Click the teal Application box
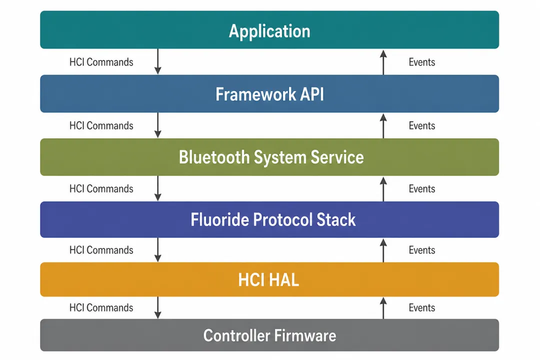[x=269, y=29]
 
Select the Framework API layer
[x=269, y=93]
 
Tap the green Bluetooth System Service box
[x=269, y=157]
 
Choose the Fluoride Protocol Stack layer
[x=269, y=219]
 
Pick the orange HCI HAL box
[x=269, y=279]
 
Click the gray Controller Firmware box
[x=269, y=335]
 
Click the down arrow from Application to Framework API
[x=157, y=61]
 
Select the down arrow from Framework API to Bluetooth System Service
[x=157, y=125]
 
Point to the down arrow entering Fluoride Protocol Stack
[x=157, y=188]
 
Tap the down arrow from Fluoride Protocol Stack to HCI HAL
[x=157, y=250]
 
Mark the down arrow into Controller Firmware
[x=157, y=307]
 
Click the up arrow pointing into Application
[x=383, y=62]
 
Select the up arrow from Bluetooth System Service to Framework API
[x=383, y=126]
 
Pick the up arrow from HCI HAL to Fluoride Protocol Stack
[x=383, y=250]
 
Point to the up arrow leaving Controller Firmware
[x=383, y=308]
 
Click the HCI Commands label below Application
[x=101, y=62]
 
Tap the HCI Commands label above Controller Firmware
[x=101, y=307]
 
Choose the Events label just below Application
[x=422, y=62]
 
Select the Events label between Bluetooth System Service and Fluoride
[x=422, y=189]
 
